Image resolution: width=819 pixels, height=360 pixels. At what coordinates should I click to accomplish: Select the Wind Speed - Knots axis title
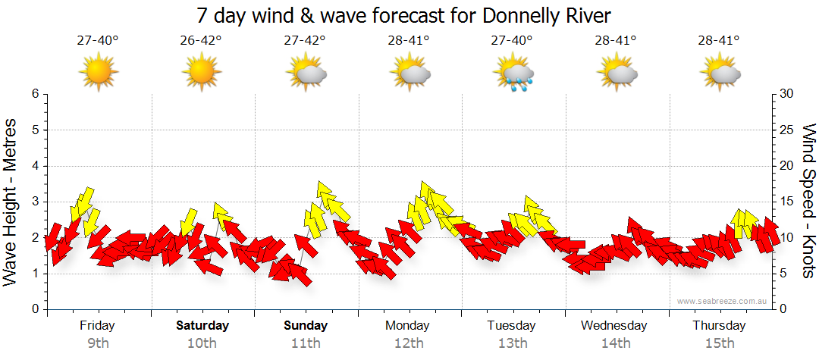coord(808,201)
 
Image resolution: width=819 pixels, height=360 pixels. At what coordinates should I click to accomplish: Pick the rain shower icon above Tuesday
coord(513,74)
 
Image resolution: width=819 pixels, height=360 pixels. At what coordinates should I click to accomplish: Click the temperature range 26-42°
coord(202,40)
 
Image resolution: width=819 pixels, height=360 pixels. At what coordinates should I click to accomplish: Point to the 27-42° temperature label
coord(306,40)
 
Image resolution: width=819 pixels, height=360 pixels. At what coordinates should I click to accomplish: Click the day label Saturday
coord(202,326)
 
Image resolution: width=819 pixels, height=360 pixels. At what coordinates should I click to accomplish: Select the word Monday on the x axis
coord(407,326)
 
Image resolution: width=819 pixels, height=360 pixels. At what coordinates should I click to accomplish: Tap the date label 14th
coord(615,343)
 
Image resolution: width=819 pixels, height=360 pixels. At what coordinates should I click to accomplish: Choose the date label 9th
coord(98,343)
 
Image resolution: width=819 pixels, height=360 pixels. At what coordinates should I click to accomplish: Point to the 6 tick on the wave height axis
coord(34,94)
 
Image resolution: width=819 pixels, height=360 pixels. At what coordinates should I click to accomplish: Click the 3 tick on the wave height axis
coord(34,202)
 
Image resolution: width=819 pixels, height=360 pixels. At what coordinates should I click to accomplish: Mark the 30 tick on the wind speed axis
coord(788,94)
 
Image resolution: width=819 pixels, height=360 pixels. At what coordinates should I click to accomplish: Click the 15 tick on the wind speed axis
coord(788,202)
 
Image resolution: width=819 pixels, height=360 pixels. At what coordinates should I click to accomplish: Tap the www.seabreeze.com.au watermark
coord(723,301)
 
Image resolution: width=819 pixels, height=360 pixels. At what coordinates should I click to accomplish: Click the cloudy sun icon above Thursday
coord(719,74)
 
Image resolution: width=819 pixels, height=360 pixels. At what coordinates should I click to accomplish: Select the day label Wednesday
coord(614,326)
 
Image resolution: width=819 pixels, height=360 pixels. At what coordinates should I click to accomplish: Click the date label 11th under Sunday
coord(306,343)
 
